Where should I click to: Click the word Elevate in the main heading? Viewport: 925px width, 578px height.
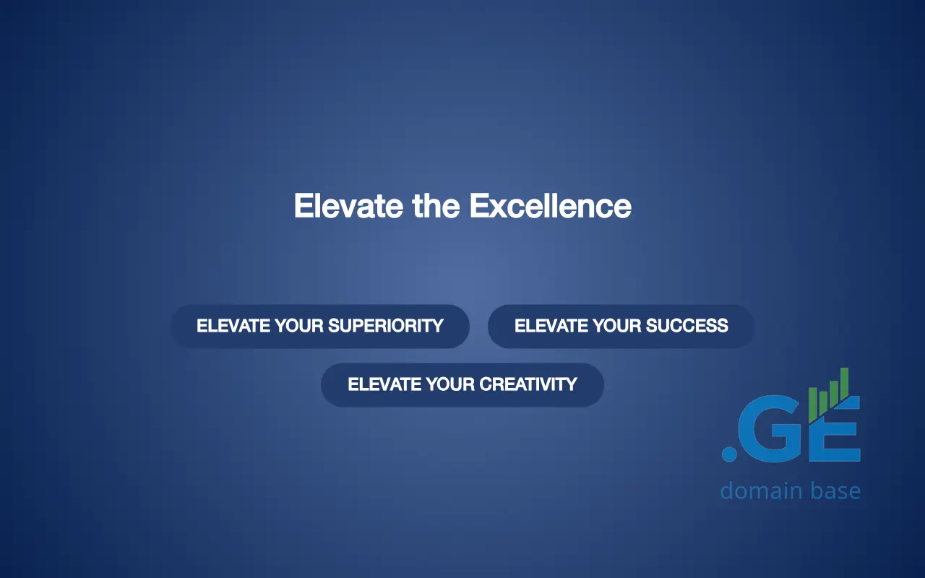348,206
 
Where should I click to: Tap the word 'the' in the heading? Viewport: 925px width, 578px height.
436,206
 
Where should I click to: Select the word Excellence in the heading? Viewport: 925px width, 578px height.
551,206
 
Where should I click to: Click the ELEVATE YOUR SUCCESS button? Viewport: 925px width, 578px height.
621,326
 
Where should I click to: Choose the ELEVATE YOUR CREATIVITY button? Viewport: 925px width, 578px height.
462,385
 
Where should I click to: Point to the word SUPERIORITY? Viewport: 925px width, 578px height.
386,326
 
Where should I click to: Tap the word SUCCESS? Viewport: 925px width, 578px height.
687,326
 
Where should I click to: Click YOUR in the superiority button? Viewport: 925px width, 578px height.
299,326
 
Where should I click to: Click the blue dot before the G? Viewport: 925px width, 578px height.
729,453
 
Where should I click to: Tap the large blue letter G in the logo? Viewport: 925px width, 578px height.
773,429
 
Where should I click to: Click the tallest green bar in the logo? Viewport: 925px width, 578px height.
845,384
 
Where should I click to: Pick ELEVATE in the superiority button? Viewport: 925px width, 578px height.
233,326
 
